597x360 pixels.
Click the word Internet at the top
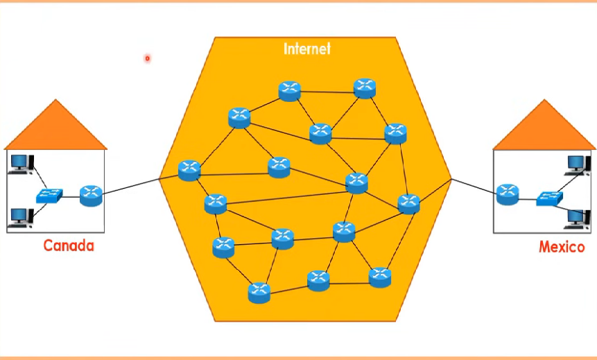(307, 49)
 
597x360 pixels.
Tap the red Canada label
(69, 246)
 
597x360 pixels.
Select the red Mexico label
(562, 247)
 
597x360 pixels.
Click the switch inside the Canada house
(50, 195)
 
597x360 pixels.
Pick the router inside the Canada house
(91, 195)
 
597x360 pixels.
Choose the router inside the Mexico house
(508, 194)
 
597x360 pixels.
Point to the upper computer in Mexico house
(576, 164)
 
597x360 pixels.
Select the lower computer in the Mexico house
(576, 218)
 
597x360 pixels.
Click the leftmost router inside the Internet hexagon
(189, 170)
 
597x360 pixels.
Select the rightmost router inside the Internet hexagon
(409, 203)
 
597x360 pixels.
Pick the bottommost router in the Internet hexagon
(259, 293)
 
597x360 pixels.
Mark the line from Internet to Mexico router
(474, 186)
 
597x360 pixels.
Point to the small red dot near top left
(147, 59)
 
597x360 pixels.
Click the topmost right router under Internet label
(365, 88)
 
